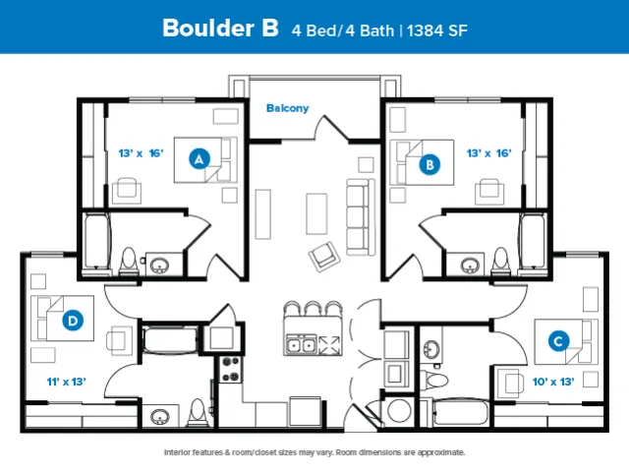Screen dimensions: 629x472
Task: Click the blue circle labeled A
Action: (x=200, y=158)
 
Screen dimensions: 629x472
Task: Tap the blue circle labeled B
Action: (x=429, y=164)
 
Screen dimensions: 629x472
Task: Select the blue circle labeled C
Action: (x=558, y=341)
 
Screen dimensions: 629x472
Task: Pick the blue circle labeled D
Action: (x=73, y=321)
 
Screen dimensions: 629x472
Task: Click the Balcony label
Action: (x=288, y=108)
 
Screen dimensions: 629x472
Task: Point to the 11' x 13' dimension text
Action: (x=67, y=382)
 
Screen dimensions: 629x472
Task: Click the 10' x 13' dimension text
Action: (x=553, y=382)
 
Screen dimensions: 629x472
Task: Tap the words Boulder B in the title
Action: (x=220, y=29)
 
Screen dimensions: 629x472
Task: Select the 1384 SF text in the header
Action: (x=437, y=30)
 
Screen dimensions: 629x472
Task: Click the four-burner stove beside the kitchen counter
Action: (x=231, y=370)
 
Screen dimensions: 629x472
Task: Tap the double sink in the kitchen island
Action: (x=302, y=345)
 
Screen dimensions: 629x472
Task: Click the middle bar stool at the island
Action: (x=314, y=309)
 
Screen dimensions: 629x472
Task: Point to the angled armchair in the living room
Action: (x=324, y=256)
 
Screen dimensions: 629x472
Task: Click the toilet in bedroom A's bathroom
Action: (x=129, y=261)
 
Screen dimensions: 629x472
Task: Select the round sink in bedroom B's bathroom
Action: (x=470, y=265)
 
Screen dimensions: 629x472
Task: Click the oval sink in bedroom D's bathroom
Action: (x=159, y=417)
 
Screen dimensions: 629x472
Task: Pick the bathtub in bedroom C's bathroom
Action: (x=461, y=412)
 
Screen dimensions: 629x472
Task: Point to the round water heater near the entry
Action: (x=399, y=411)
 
